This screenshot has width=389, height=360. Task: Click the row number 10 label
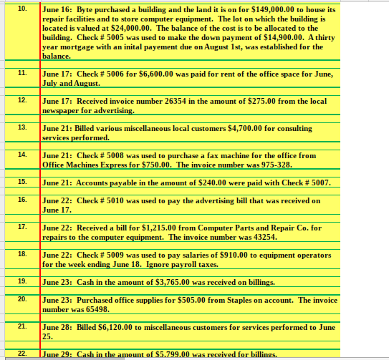21,8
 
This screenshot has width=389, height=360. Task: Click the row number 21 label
21,326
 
